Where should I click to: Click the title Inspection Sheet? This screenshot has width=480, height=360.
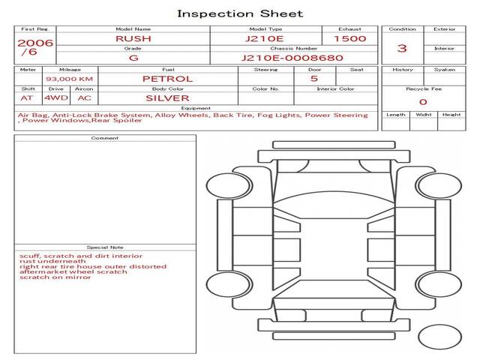(240, 13)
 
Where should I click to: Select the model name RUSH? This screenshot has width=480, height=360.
(133, 39)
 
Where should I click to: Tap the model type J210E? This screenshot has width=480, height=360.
(265, 39)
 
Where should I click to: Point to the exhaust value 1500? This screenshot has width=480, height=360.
(350, 39)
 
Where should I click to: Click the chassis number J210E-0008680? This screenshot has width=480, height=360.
(292, 58)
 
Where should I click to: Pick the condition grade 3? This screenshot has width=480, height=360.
(402, 48)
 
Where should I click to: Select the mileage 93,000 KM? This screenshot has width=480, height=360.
(70, 79)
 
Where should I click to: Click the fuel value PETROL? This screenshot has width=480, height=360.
(168, 79)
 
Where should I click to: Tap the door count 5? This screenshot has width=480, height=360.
(314, 79)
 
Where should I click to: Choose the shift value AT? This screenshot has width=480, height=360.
(27, 98)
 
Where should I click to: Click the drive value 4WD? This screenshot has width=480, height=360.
(56, 98)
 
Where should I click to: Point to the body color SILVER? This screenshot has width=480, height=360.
(167, 98)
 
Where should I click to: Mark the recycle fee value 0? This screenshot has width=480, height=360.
(423, 102)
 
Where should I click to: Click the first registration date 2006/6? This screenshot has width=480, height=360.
(34, 47)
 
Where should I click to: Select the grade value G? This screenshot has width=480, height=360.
(133, 58)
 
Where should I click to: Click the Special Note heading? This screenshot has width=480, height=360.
(105, 247)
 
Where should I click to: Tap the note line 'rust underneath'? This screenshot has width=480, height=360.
(52, 261)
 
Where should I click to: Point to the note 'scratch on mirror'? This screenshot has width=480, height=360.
(55, 277)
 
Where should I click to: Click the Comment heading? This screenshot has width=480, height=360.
(105, 138)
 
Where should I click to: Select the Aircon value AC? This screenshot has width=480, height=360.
(85, 98)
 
